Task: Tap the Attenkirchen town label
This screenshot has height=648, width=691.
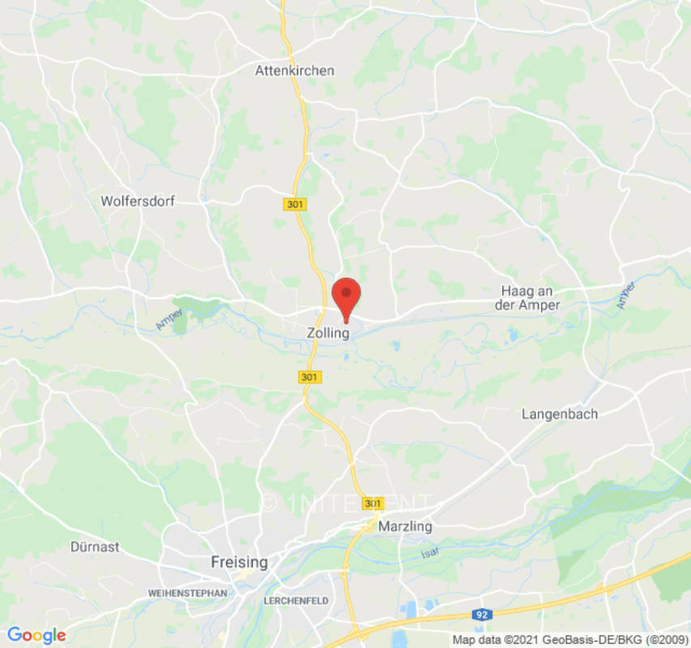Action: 294,70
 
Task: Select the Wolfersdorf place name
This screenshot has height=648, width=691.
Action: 138,200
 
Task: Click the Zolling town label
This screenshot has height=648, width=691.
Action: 328,333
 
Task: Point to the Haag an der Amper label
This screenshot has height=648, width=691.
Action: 531,298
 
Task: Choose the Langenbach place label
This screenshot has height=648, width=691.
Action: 560,414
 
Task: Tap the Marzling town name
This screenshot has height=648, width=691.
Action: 405,526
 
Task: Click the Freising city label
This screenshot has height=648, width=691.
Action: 239,561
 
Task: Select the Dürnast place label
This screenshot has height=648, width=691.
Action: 95,547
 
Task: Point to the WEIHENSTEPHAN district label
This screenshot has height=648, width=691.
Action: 187,594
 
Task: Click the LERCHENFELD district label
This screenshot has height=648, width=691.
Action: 296,601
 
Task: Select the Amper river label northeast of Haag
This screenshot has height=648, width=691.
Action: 625,296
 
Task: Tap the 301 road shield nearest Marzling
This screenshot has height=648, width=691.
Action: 373,503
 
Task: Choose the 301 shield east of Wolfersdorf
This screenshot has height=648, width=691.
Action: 295,204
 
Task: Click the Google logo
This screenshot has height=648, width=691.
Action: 36,635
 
